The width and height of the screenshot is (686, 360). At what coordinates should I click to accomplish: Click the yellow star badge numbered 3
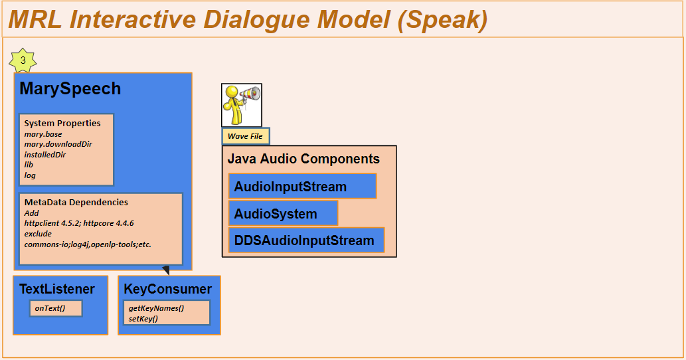23,60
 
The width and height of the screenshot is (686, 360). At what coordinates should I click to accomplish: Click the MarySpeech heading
70,89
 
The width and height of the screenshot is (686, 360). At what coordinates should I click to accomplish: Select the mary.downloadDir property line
58,144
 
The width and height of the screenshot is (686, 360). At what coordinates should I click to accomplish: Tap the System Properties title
62,124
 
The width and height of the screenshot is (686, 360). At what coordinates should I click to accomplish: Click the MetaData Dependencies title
76,202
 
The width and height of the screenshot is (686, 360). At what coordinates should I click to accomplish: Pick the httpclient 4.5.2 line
79,223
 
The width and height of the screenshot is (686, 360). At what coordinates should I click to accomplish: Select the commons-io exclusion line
88,244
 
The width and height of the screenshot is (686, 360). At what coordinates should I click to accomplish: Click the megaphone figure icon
242,105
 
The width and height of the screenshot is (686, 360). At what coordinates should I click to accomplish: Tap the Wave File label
246,136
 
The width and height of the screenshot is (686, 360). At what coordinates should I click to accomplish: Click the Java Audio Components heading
303,159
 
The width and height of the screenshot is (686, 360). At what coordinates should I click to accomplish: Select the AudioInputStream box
302,187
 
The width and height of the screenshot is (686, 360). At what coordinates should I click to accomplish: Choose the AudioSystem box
283,213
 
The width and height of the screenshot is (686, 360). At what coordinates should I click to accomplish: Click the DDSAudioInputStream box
306,240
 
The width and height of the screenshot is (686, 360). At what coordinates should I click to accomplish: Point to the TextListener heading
57,289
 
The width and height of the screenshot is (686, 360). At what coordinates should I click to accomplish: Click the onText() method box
56,308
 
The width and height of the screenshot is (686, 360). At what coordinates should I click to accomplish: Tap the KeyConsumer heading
167,289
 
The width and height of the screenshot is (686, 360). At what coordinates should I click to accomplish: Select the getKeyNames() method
156,308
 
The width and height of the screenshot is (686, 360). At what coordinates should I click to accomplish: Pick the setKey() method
143,318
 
